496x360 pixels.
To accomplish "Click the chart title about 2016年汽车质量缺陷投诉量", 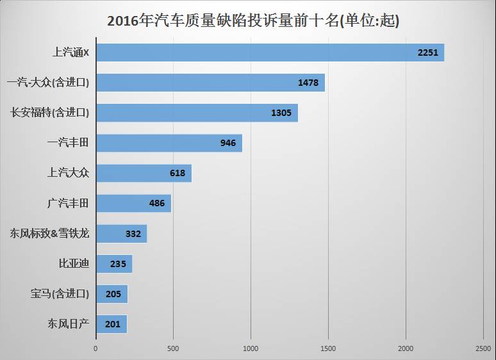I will coord(253,20).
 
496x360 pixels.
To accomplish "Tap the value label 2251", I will coord(427,53).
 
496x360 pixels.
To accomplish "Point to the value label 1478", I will coord(308,83).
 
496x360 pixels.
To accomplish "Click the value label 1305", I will coord(281,113).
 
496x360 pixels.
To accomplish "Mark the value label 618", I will coord(178,173).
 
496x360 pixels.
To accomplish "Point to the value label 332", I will coord(133,234).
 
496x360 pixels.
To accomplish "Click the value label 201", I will coord(112,324).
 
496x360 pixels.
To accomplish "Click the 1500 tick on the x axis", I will coord(328,348).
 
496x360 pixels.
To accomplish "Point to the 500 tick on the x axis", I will coord(173,348).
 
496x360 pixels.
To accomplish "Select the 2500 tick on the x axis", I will coord(483,348).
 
